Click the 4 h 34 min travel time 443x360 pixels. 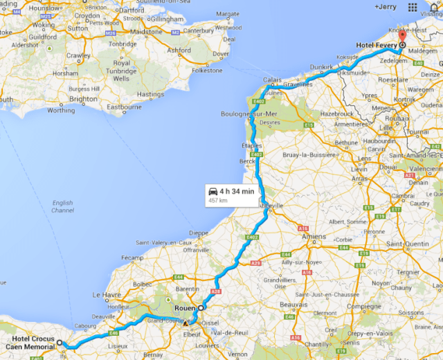point(237,191)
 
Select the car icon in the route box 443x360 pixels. point(214,192)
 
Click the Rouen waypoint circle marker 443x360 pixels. point(201,307)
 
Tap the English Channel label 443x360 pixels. point(62,206)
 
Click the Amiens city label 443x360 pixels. point(314,236)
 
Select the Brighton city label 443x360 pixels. point(84,99)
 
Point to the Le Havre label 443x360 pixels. point(106,293)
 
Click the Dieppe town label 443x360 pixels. point(199,233)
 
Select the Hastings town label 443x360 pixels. point(151,94)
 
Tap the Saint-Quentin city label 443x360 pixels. point(407,244)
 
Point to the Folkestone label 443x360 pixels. point(206,70)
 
